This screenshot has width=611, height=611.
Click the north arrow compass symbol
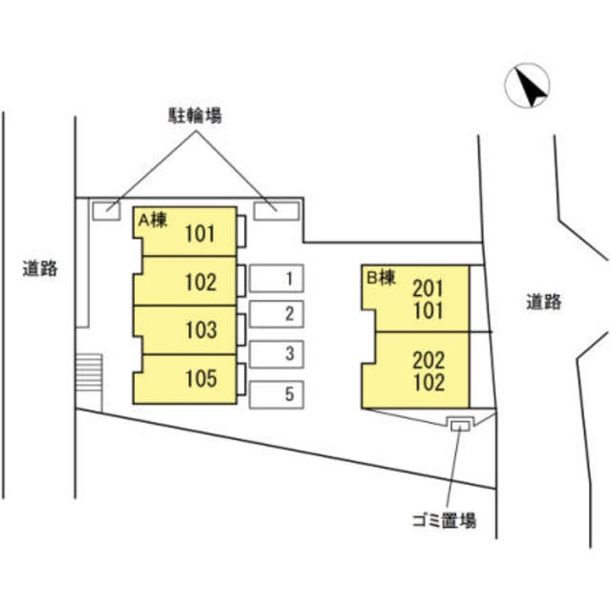point(527,86)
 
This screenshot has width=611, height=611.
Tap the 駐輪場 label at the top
point(190,116)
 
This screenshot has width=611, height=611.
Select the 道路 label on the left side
point(40,268)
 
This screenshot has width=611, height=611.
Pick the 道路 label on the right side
point(542,303)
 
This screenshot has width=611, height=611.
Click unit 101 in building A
point(200,232)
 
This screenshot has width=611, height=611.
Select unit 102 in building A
point(200,283)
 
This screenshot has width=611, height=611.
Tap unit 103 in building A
point(200,330)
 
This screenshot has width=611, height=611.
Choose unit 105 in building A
point(200,379)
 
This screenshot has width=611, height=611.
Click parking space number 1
point(276,279)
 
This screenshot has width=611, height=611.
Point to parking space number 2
point(276,314)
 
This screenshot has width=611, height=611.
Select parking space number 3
point(276,353)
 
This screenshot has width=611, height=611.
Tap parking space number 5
point(276,393)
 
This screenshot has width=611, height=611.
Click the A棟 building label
point(153,220)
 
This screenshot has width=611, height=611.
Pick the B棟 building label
point(381,279)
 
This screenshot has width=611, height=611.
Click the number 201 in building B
point(429,286)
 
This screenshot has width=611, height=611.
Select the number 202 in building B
point(429,360)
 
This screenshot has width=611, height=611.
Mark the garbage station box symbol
point(461,424)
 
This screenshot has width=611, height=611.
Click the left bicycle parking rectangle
point(106,206)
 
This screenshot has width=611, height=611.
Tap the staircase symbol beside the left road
point(88,370)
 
